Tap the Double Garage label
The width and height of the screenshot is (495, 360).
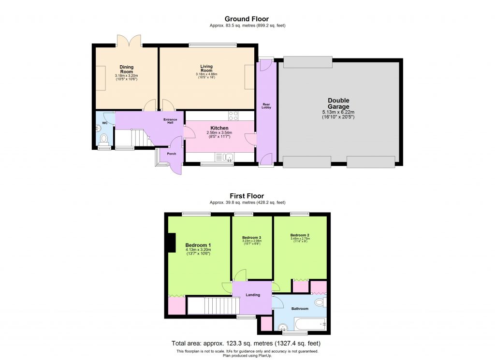tap(338, 104)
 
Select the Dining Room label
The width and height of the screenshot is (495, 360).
tap(126, 69)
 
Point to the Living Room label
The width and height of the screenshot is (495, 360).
tap(207, 69)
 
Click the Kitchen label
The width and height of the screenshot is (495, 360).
tap(219, 128)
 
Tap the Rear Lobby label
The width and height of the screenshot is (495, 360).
tap(266, 105)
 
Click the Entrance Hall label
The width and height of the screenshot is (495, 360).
tap(170, 121)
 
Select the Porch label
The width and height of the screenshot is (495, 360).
tap(171, 154)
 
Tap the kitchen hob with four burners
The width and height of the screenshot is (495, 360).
tap(233, 115)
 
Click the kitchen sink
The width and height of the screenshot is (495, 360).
tap(225, 157)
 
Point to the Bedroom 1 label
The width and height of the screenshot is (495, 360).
tap(198, 245)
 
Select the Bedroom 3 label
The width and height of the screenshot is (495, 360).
tap(251, 238)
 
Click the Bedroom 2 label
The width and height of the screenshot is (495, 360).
tap(300, 235)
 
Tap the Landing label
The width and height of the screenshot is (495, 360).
tap(252, 295)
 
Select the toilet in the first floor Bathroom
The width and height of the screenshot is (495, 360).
tap(320, 303)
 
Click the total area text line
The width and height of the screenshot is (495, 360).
tap(246, 343)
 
